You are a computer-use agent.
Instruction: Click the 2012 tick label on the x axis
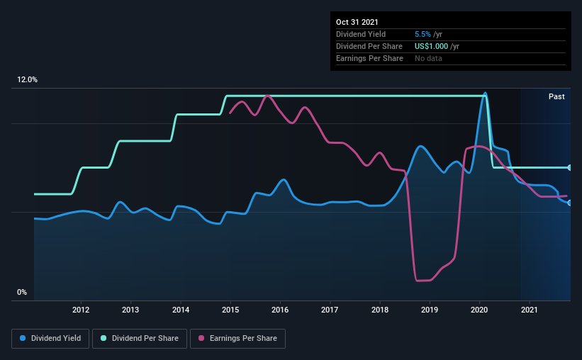point(81,310)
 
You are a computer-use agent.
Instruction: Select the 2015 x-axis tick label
point(230,310)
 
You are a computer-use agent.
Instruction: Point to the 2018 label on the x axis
point(380,310)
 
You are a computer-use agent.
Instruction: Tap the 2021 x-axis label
point(530,310)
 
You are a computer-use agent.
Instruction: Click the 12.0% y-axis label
point(27,80)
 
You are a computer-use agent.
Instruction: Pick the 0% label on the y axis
point(22,292)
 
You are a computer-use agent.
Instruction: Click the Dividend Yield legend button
point(50,339)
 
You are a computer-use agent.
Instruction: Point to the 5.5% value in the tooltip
point(422,34)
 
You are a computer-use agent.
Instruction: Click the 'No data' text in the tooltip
point(428,58)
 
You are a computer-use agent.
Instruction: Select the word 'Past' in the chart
point(556,96)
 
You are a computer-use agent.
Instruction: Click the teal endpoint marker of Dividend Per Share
point(570,167)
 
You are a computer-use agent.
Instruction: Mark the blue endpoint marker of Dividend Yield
point(570,203)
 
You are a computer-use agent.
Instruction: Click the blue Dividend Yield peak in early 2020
point(485,93)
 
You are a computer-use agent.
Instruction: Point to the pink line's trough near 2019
point(423,281)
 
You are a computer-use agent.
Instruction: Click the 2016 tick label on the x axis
point(280,310)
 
